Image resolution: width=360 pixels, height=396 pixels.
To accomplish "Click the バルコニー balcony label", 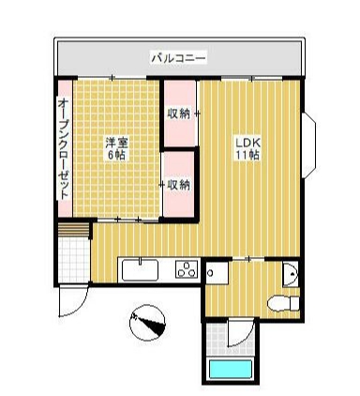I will coord(178,59).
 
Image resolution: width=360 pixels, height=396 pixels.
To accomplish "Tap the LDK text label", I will coord(246,142).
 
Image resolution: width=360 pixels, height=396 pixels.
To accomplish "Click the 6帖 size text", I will coord(115,155).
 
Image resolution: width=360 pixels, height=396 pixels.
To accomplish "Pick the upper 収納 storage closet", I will coord(179,114).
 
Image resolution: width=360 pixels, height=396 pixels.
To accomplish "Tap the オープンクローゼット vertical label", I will coord(63,145).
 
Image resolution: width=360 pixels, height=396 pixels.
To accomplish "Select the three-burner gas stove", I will coord(186,270).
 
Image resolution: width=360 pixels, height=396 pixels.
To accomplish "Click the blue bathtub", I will coord(232,369).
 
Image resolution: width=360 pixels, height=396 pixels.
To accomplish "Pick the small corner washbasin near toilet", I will coord(291,274).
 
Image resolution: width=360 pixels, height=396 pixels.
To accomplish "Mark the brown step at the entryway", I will coord(71,230).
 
